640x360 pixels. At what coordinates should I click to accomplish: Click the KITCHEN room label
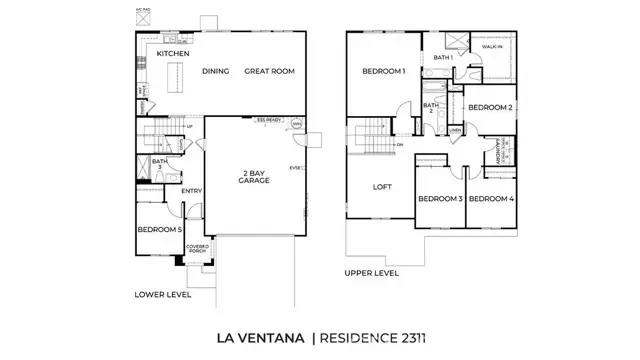point(174,53)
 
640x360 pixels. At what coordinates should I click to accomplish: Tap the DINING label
point(216,72)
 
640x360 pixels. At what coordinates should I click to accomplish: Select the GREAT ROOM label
point(268,72)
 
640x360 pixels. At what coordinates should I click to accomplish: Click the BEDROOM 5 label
point(160,230)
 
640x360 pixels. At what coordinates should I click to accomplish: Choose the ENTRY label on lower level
point(191,190)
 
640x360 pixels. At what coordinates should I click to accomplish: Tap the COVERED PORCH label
point(196,249)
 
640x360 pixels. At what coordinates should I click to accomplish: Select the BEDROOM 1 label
point(384,72)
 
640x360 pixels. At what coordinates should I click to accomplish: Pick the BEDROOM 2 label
point(490,107)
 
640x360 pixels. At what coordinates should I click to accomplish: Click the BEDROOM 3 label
point(440,199)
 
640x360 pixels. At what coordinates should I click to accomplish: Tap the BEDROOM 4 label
point(490,199)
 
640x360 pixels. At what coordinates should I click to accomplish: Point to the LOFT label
point(382,187)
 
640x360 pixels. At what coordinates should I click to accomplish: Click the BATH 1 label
point(443,58)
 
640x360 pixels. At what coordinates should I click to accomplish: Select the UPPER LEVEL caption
point(371,272)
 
